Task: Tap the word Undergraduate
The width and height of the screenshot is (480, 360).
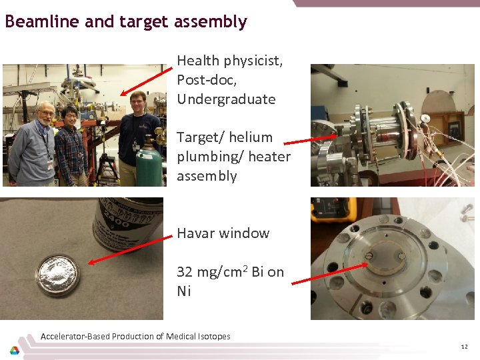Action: tap(226, 99)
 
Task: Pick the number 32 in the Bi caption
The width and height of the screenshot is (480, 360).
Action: tap(185, 272)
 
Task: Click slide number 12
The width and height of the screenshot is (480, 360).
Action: tap(464, 347)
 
